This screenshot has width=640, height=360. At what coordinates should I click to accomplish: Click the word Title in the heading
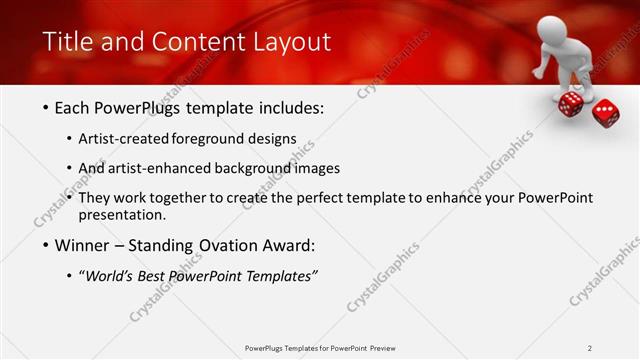(x=66, y=42)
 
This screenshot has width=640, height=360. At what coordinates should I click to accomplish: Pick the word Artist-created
(x=123, y=138)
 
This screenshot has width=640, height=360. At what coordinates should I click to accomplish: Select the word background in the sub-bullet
(x=240, y=168)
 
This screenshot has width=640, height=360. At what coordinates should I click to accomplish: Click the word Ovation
(x=239, y=246)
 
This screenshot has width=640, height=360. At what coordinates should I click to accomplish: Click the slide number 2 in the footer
(x=590, y=348)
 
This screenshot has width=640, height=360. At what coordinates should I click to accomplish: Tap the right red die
(x=605, y=112)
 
